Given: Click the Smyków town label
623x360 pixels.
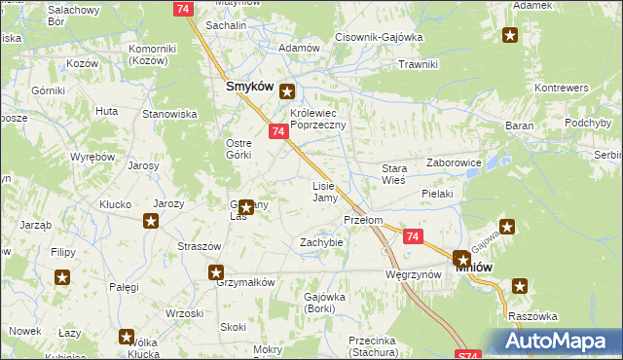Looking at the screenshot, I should [x=247, y=87].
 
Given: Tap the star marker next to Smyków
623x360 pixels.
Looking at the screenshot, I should [x=287, y=92].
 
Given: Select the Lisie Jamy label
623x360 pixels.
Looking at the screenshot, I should [x=324, y=192].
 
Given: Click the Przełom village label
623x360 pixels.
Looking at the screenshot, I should [x=363, y=220].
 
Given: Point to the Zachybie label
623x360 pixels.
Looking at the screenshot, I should [x=321, y=241].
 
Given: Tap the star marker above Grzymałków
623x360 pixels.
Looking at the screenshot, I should [x=216, y=273].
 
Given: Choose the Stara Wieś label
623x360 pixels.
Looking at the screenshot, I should [x=393, y=174].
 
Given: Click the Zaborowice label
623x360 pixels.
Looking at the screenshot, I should [x=455, y=163].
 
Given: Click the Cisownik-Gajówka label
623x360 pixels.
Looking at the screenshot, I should [x=378, y=37].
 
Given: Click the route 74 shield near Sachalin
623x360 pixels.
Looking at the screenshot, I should [x=180, y=7].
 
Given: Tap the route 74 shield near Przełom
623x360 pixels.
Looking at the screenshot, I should [x=413, y=236].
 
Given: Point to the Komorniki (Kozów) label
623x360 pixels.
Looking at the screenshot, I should [x=150, y=54].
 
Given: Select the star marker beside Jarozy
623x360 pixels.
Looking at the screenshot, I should [x=151, y=221].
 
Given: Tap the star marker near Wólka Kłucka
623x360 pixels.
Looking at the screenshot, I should [x=127, y=337].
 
